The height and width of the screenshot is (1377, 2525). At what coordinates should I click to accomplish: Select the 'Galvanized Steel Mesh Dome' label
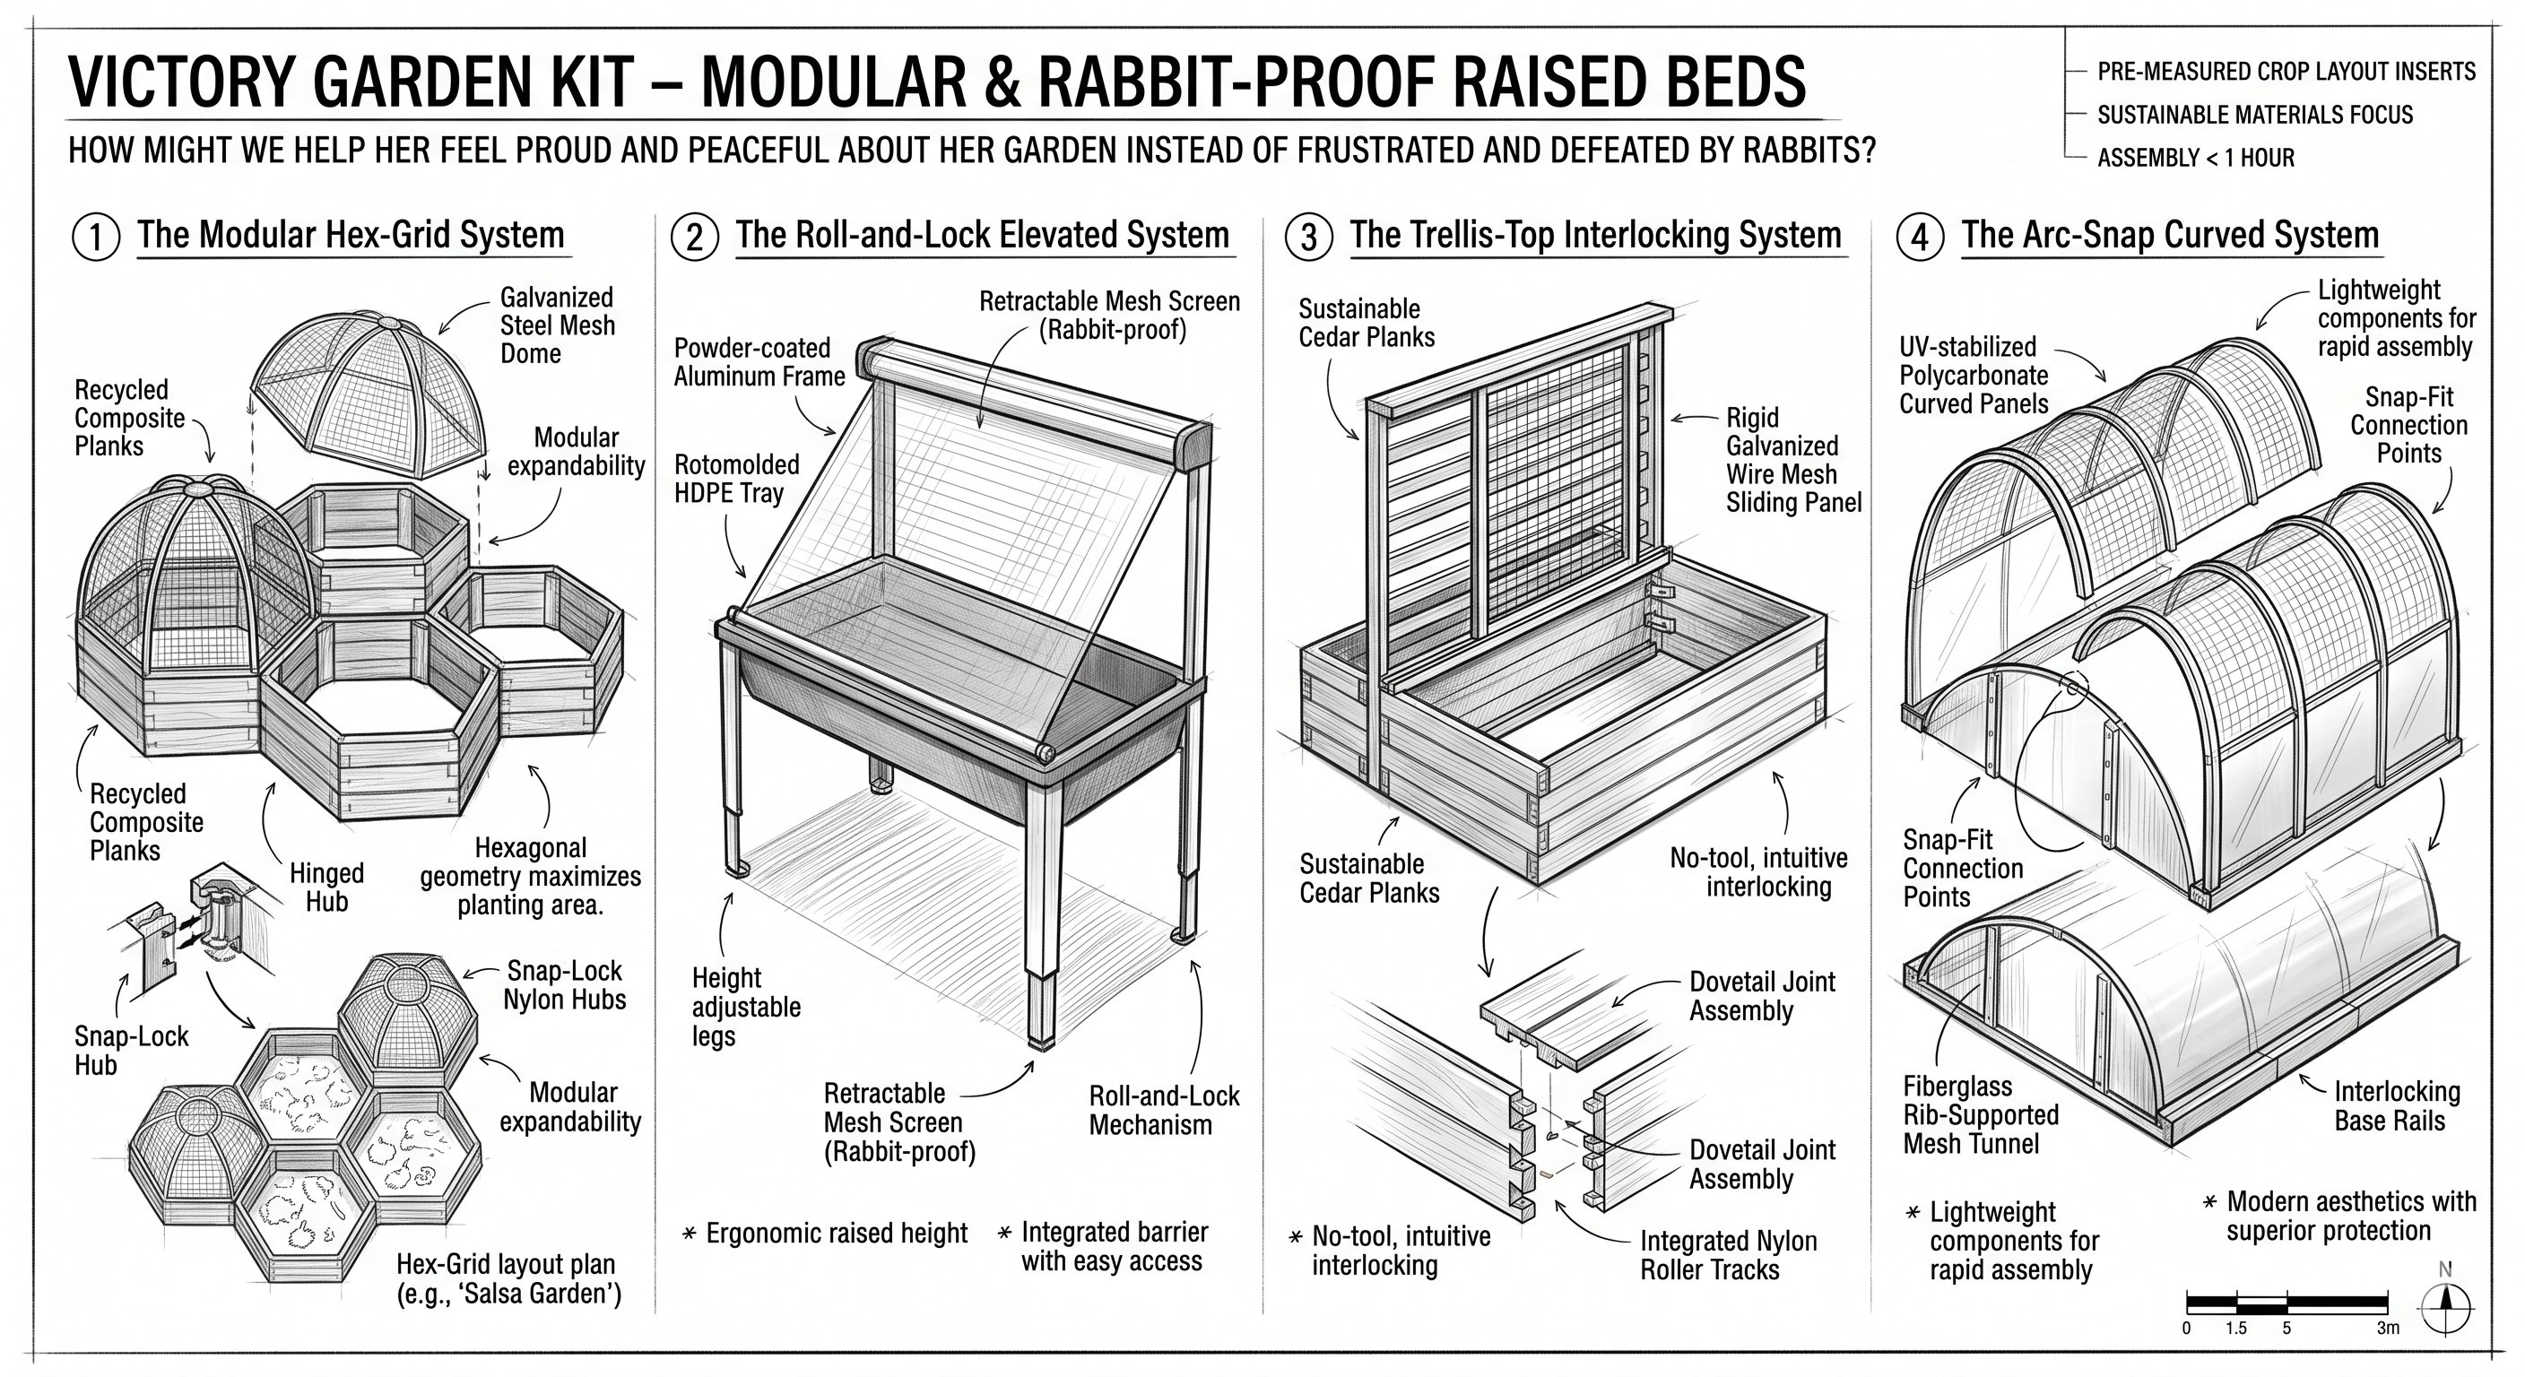click(x=557, y=325)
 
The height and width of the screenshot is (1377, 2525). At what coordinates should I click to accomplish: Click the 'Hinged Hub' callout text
click(x=326, y=887)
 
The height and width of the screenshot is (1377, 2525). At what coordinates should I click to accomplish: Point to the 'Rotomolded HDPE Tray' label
click(x=736, y=479)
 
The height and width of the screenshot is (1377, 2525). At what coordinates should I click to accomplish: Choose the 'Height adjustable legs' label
click(x=746, y=1007)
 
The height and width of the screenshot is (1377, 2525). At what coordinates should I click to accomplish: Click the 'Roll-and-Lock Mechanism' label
click(x=1165, y=1110)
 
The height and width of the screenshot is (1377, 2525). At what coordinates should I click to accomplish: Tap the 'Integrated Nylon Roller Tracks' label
click(x=1728, y=1255)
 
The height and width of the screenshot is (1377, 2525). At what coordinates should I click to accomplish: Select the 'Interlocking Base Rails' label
click(x=2397, y=1105)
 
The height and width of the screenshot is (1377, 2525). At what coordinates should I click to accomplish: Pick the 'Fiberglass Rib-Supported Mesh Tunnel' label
click(x=1980, y=1115)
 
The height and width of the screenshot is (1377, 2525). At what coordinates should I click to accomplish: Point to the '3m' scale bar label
click(x=2388, y=1328)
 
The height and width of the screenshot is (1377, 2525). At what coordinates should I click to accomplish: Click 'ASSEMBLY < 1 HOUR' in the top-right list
click(x=2196, y=158)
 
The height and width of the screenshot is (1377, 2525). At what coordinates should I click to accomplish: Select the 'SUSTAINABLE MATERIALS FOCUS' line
click(x=2254, y=115)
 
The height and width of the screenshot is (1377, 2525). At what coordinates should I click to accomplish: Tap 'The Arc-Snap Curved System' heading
click(x=2170, y=235)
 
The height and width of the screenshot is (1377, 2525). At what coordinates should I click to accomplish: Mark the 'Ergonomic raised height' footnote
click(x=825, y=1233)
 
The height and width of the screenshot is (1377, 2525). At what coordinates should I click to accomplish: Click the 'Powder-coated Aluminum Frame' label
click(x=759, y=361)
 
